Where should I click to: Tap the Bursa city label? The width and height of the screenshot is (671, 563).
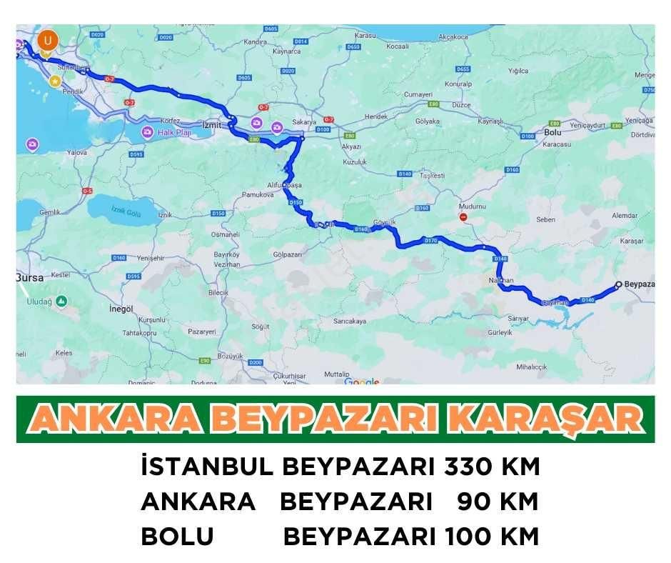[30, 277]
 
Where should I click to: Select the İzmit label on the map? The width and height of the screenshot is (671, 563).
[213, 123]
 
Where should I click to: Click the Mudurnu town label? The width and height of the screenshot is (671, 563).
[473, 206]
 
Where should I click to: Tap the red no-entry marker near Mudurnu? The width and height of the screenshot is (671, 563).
[464, 216]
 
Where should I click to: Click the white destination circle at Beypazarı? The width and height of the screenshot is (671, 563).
[618, 284]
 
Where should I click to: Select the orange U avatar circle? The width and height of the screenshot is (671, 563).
[47, 40]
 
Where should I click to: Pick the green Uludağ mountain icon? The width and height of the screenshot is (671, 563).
[61, 302]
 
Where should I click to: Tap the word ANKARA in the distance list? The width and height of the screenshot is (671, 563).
[198, 502]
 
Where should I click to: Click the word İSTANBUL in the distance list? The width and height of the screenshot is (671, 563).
[207, 467]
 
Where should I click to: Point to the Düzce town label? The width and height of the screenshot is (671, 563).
[461, 105]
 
